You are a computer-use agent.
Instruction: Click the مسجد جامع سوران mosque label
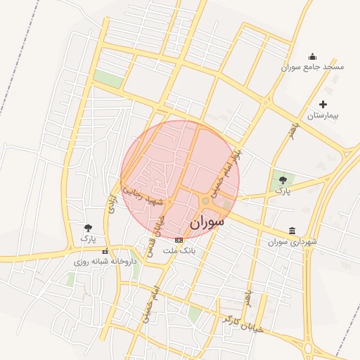point(313,67)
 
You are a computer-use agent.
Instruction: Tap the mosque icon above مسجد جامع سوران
point(313,57)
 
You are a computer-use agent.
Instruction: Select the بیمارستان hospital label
point(323,114)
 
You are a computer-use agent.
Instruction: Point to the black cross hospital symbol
point(323,104)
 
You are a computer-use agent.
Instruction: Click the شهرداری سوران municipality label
point(292,242)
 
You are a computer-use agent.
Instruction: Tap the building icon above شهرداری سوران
point(292,231)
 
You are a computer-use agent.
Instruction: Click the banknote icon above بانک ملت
point(178,240)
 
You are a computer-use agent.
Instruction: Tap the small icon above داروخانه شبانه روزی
point(105,251)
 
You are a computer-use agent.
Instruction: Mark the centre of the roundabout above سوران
point(205,201)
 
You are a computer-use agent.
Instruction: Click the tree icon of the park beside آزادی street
point(88,228)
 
